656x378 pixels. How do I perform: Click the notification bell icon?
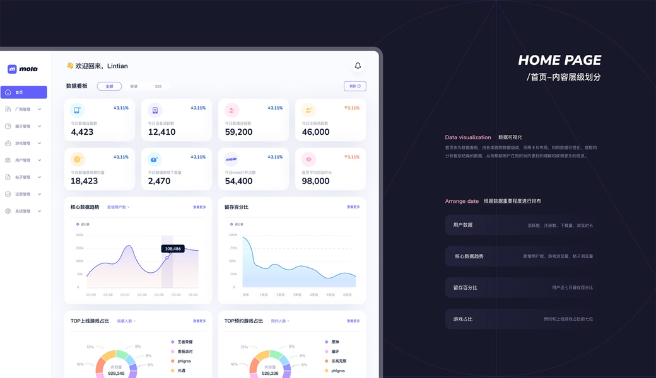point(358,66)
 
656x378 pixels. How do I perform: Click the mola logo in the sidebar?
point(23,69)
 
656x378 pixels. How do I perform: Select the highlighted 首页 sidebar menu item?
point(24,93)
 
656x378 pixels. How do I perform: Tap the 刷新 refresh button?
point(354,86)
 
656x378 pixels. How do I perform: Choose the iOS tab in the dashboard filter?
point(158,86)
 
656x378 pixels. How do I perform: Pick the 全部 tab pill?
point(109,86)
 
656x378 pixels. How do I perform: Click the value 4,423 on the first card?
point(82,132)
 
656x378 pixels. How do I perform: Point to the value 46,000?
point(315,132)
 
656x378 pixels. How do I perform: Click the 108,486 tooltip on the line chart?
point(173,249)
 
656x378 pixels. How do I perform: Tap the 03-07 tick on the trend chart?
point(125,295)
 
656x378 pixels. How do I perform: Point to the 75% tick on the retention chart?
point(233,248)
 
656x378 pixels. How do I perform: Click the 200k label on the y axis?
point(79,235)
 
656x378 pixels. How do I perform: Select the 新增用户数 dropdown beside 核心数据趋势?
point(118,207)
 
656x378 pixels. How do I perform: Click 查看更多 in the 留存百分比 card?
point(353,207)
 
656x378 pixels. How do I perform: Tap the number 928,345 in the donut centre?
point(116,374)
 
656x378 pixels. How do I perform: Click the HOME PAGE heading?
point(559,60)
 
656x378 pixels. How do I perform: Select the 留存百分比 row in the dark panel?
point(522,288)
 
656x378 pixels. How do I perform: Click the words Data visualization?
point(467,137)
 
